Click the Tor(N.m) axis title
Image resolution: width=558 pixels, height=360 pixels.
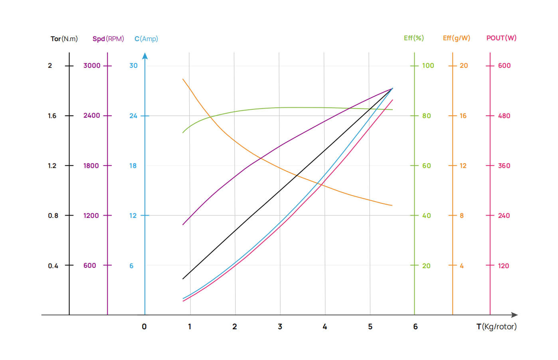(x=64, y=39)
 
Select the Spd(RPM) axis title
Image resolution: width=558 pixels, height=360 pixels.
(x=108, y=39)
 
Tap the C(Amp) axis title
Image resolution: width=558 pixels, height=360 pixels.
(x=146, y=39)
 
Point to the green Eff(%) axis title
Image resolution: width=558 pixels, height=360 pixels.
(x=414, y=38)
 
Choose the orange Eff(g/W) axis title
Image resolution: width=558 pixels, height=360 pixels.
(x=456, y=38)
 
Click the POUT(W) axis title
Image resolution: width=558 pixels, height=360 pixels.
(x=501, y=38)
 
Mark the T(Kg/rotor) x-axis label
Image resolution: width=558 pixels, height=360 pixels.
(x=497, y=326)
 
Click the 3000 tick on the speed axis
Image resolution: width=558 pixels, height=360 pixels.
(x=92, y=65)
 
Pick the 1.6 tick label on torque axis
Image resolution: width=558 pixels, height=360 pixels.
(x=52, y=116)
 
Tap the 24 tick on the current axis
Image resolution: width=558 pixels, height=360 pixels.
(x=133, y=116)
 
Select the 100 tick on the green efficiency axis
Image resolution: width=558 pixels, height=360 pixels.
(x=428, y=65)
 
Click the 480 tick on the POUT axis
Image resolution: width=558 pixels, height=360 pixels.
(x=504, y=116)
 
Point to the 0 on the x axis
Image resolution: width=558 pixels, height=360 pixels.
(x=144, y=326)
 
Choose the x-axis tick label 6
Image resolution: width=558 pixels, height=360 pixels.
(x=416, y=326)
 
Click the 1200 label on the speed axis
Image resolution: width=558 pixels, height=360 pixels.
(x=91, y=216)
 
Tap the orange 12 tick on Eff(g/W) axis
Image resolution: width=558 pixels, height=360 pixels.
(x=463, y=166)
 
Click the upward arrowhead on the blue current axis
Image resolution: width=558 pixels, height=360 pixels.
(x=145, y=56)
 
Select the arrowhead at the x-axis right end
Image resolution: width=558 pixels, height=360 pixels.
(x=514, y=315)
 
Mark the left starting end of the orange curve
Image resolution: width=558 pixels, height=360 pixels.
(x=183, y=79)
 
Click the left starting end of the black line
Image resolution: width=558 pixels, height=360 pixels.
(x=183, y=279)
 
